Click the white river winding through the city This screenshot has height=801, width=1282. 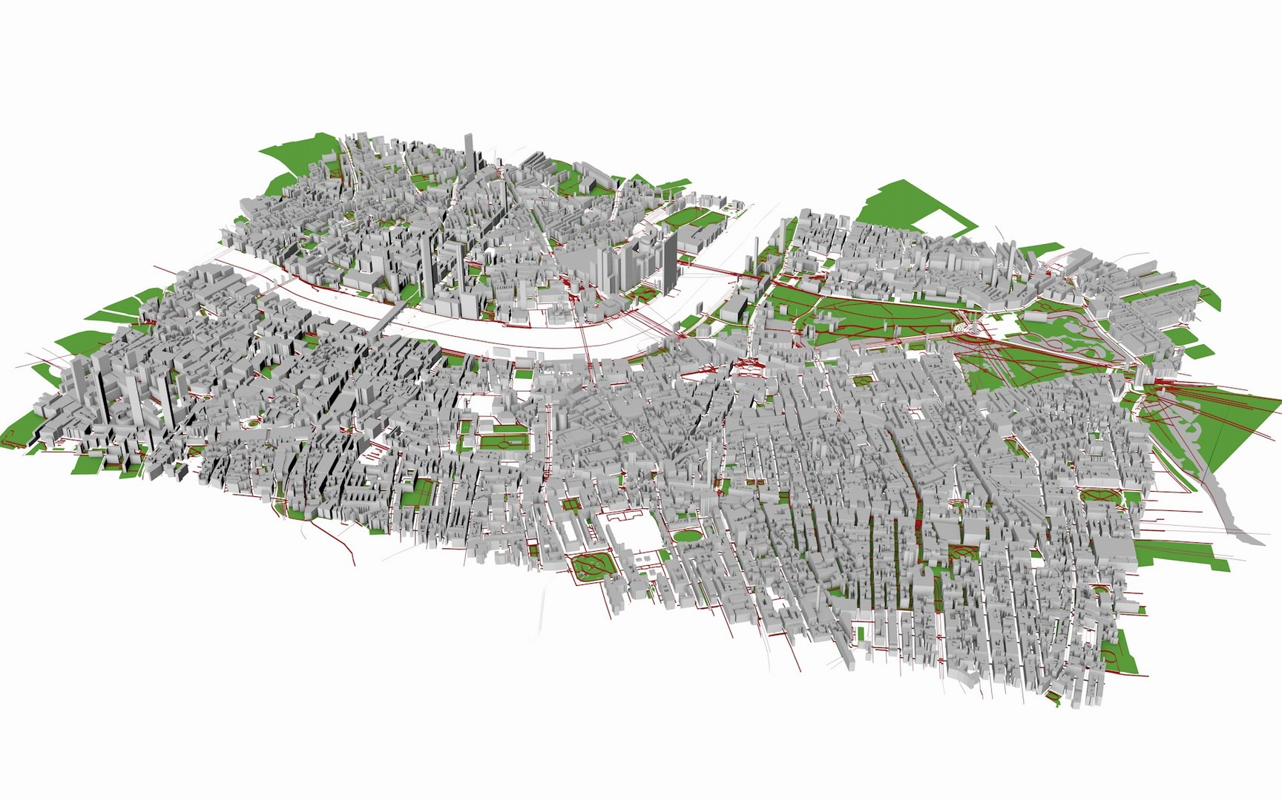519,334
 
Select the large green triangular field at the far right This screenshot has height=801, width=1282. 1217,423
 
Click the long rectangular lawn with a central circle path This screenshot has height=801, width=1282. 504,444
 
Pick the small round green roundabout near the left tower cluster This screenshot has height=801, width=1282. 253,423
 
